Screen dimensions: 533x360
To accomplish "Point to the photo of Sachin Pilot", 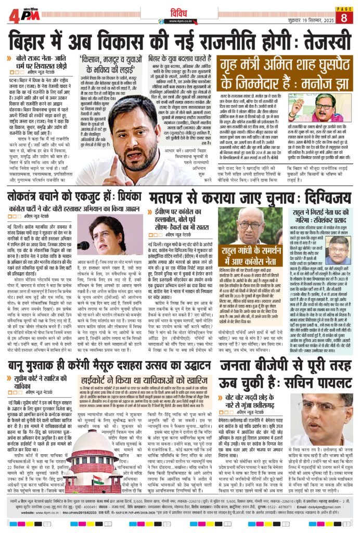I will click(326, 414).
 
